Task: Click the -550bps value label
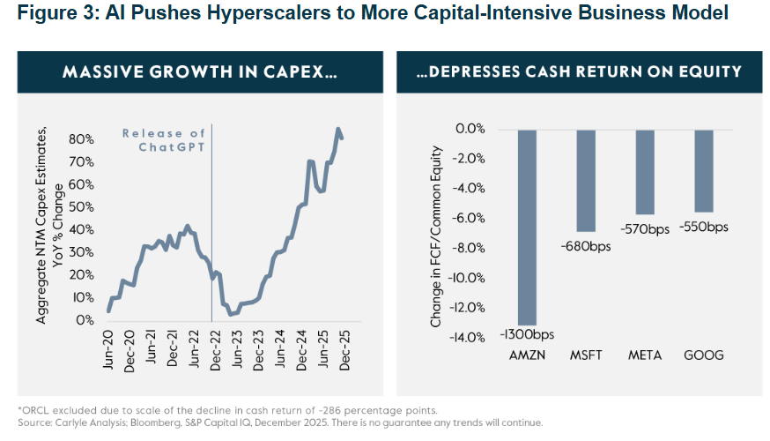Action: [x=704, y=227]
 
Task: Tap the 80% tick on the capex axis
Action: [x=81, y=138]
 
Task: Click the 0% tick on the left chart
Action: [x=85, y=320]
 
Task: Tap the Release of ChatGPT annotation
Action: [x=165, y=139]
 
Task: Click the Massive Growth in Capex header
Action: [x=199, y=72]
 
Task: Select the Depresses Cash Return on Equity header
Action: [x=578, y=72]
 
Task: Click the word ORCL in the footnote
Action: [x=34, y=411]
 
